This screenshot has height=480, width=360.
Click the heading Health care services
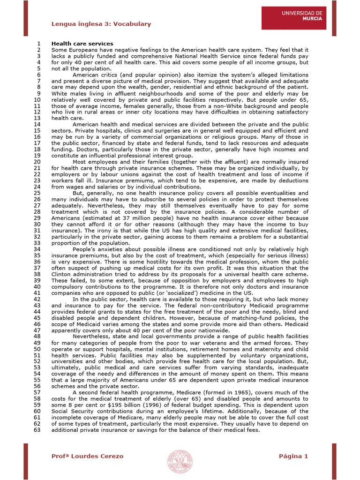pos(82,44)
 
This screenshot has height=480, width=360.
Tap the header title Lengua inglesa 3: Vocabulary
pos(101,24)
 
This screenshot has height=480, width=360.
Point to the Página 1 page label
pos(293,456)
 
